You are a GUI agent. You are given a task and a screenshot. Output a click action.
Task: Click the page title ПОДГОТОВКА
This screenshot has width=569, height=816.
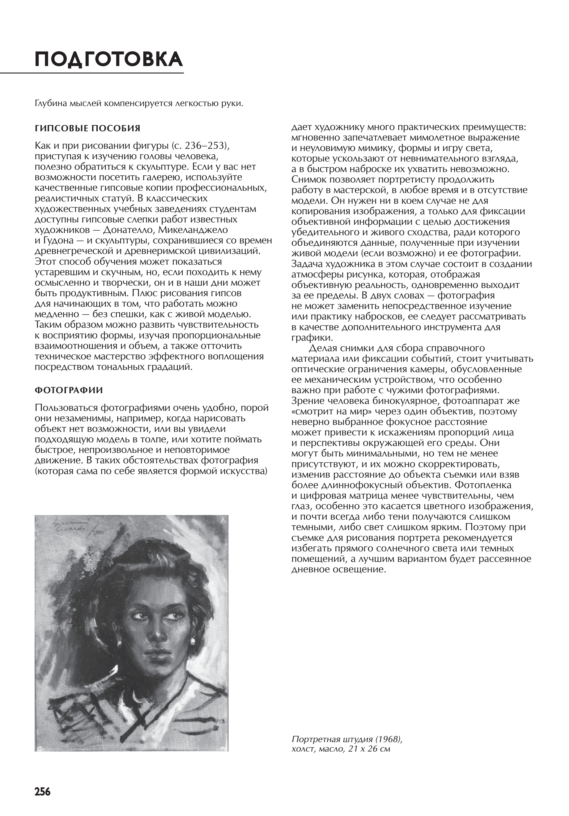tap(109, 59)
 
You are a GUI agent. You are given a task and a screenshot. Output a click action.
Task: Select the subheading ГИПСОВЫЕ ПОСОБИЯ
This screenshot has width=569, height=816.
tap(87, 128)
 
